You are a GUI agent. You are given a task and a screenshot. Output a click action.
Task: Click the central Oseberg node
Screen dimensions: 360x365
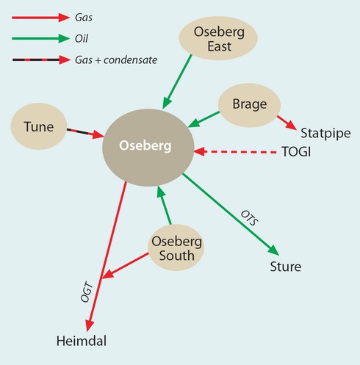click(x=148, y=148)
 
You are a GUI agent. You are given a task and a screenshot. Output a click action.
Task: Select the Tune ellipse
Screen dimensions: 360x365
click(x=39, y=126)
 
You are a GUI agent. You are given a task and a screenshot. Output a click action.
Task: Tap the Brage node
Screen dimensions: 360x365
click(x=249, y=105)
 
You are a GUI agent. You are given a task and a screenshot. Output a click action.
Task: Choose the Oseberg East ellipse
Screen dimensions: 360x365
click(x=218, y=38)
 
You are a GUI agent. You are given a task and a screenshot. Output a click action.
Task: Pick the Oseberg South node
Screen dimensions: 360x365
click(x=176, y=247)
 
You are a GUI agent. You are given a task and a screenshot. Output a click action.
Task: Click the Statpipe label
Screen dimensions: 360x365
click(x=325, y=134)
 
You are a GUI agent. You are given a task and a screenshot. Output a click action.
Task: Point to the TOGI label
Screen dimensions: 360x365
click(x=296, y=152)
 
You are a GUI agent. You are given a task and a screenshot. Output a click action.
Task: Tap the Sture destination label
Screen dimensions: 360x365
click(x=286, y=267)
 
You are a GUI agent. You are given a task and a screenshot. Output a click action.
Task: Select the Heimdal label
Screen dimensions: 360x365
click(x=82, y=341)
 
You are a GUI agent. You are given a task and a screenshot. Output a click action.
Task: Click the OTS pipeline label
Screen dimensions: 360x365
click(x=250, y=218)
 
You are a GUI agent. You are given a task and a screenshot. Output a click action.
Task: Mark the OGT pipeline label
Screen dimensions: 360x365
click(x=87, y=292)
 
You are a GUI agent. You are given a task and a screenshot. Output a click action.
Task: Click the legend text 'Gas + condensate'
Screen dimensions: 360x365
click(x=116, y=60)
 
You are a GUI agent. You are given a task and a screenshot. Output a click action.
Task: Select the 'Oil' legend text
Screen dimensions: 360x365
click(x=82, y=39)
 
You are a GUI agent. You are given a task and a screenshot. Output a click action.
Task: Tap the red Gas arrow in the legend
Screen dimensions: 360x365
click(x=40, y=18)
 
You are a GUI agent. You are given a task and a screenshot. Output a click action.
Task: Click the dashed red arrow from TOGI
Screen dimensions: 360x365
click(x=235, y=152)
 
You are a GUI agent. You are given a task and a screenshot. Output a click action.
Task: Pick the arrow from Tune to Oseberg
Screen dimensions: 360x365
click(x=85, y=132)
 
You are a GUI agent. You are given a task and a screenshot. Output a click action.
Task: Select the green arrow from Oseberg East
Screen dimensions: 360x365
click(x=177, y=82)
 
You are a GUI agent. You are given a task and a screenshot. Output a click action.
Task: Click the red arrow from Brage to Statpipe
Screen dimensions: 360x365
click(x=287, y=123)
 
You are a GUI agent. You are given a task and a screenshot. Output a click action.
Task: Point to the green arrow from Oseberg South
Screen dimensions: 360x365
click(x=164, y=205)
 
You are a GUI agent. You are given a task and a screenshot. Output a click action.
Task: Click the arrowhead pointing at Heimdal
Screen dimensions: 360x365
click(x=90, y=325)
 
